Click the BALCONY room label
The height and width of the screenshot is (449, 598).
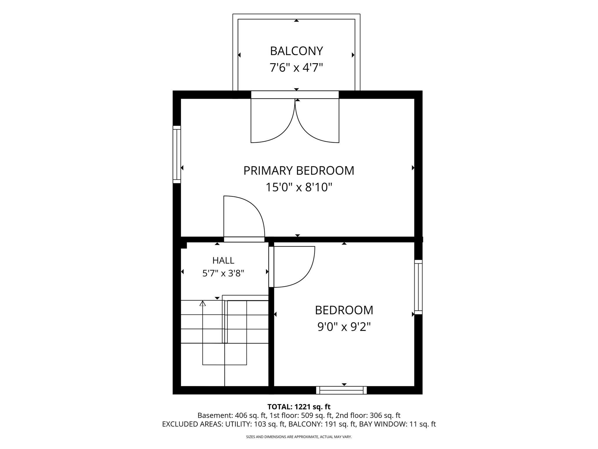click(x=296, y=51)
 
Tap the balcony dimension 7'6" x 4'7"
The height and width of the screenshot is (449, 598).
click(x=296, y=68)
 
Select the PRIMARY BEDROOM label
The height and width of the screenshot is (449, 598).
click(x=299, y=171)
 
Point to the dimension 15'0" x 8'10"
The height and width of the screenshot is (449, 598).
click(x=299, y=187)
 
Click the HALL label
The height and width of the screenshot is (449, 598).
click(x=223, y=260)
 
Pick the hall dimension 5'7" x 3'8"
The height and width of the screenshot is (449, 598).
click(x=223, y=274)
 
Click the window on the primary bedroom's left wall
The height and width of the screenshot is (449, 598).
click(x=177, y=154)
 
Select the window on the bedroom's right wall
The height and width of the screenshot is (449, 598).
click(x=418, y=287)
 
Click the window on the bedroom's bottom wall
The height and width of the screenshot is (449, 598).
click(x=341, y=390)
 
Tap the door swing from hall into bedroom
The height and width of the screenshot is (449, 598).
click(x=292, y=267)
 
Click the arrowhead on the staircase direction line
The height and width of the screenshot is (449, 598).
click(x=203, y=303)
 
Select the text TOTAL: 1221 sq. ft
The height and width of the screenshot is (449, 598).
click(x=299, y=407)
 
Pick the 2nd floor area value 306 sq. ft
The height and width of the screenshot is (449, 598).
click(x=385, y=415)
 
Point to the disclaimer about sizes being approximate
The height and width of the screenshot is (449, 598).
click(x=299, y=437)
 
